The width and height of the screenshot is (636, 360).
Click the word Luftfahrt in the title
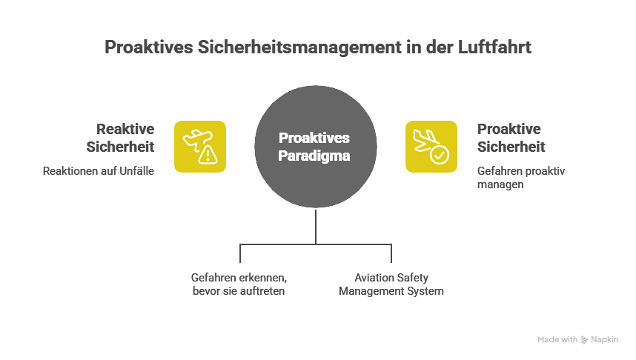(x=496, y=47)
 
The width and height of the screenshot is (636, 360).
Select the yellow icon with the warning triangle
(x=199, y=146)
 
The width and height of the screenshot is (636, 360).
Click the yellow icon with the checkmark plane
(x=431, y=146)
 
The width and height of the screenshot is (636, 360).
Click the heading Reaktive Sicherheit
(x=120, y=137)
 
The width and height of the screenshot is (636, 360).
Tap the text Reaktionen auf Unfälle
(x=99, y=171)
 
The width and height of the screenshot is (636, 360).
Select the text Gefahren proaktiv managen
(x=521, y=178)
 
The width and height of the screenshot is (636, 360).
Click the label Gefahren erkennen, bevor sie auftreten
(x=239, y=284)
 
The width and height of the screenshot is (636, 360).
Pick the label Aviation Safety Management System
(x=391, y=284)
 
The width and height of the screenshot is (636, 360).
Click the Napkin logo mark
(x=585, y=340)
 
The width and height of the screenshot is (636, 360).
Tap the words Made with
(x=557, y=340)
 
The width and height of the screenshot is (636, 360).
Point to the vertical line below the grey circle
(x=317, y=226)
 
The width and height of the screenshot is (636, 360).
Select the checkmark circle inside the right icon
(x=440, y=154)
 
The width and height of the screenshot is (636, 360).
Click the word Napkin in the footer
(x=604, y=340)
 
